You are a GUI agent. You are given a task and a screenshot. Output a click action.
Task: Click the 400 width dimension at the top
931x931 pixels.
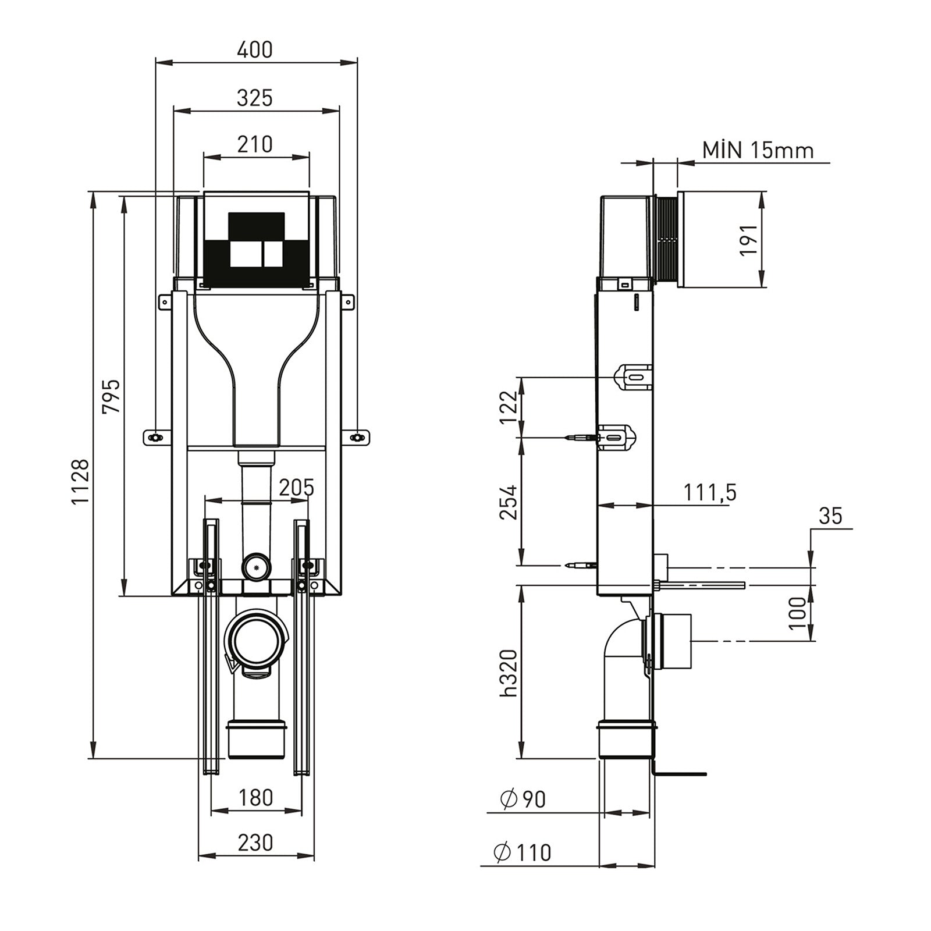coord(255,50)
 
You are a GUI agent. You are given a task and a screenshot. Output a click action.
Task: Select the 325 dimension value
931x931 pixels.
coord(255,98)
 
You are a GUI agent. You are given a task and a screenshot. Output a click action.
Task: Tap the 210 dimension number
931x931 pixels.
coord(255,144)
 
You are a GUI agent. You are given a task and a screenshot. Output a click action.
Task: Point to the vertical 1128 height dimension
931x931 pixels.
coord(81,482)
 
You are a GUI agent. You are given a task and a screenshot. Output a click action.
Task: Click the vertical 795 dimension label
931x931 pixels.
coord(111,396)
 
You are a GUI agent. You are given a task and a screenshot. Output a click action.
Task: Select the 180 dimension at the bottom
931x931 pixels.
coord(255,797)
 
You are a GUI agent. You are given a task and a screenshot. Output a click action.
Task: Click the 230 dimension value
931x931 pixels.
coord(255,843)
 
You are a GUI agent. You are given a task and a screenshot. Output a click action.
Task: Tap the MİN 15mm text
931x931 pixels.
coord(758,150)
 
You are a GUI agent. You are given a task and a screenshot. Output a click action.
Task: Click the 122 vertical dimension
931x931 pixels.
coord(507,407)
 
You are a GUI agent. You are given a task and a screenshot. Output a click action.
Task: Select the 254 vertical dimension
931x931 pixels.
coord(507,502)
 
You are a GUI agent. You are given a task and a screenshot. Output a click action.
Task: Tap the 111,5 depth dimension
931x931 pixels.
coord(709,492)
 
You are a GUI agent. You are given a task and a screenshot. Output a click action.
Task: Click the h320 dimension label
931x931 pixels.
coord(507,672)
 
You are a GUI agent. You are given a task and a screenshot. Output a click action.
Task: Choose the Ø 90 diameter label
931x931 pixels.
coord(523,799)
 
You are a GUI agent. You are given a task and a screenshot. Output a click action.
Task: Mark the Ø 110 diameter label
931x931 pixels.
coord(522,853)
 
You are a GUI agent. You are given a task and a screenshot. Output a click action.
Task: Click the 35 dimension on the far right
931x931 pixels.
coord(830,516)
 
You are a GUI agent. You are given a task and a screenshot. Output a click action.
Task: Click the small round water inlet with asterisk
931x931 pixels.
coord(256,566)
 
